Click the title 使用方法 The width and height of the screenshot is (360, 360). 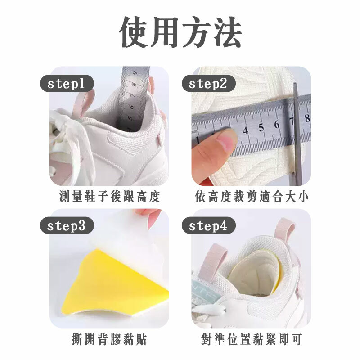180,32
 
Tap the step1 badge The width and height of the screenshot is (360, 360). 67,84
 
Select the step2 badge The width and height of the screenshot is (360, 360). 208,84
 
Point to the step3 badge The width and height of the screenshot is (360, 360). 67,226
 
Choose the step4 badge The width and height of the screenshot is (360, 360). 208,226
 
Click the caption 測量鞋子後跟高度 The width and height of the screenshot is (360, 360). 109,197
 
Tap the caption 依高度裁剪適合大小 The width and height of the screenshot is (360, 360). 252,197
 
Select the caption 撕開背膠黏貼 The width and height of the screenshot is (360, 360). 109,339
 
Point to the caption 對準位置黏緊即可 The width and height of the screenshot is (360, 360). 252,339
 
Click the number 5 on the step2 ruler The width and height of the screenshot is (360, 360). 261,128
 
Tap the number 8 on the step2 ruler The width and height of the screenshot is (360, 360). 307,118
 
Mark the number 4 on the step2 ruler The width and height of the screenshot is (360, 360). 246,130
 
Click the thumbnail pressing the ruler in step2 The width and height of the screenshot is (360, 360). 226,139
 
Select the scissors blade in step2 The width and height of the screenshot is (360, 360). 297,133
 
